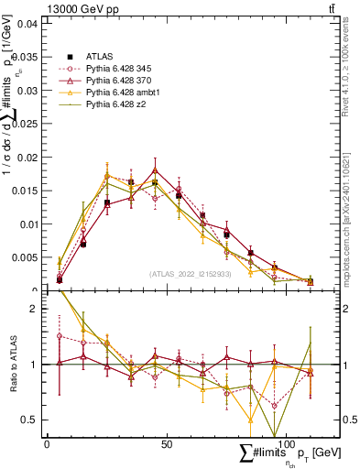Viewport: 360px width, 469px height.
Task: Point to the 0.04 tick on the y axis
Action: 28,24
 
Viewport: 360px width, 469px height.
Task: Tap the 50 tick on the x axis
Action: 166,443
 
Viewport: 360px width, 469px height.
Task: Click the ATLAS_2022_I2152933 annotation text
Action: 191,273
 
